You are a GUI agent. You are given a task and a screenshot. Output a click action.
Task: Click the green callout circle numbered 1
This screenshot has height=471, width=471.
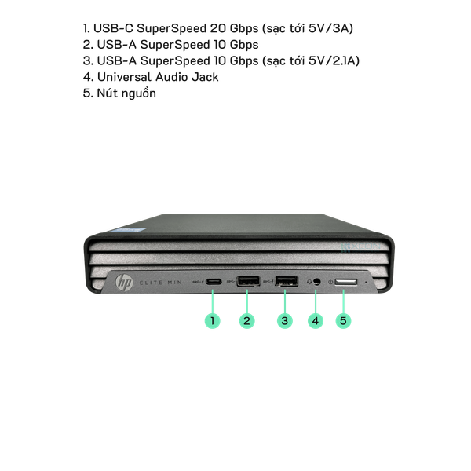click(213, 320)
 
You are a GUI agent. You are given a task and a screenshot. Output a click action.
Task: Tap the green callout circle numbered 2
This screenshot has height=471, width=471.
click(247, 320)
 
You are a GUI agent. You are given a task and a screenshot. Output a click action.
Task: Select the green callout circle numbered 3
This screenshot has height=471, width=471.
click(285, 320)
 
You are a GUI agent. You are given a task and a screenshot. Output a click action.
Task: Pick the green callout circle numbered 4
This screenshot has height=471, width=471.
click(316, 320)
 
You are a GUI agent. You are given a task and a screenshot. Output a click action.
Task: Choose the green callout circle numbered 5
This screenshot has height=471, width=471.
click(343, 320)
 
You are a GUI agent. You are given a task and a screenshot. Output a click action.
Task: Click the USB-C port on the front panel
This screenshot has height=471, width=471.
click(214, 282)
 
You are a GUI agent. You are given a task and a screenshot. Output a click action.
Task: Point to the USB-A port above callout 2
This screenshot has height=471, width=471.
click(248, 282)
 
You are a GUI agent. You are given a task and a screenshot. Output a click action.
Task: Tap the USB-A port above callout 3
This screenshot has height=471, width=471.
click(287, 282)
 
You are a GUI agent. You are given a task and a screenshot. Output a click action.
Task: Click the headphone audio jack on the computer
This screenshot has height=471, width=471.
click(316, 282)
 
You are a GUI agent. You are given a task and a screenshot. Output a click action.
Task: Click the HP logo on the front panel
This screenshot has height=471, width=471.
click(124, 283)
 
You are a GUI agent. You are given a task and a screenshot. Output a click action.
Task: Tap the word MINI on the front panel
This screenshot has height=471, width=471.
click(177, 283)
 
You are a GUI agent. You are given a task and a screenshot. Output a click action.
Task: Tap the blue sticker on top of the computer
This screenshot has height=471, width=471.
click(130, 229)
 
